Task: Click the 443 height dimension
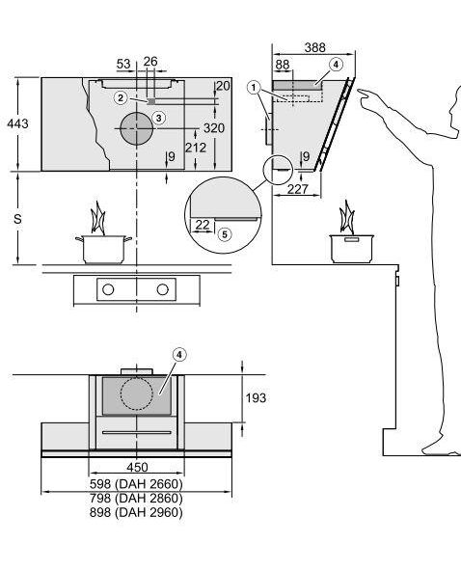(x=17, y=123)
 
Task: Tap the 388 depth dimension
(x=314, y=47)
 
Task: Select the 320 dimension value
(x=214, y=128)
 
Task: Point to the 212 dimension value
(x=196, y=148)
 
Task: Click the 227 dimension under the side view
(x=297, y=189)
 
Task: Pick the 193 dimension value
(x=256, y=398)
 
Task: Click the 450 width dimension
(x=137, y=467)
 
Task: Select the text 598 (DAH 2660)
(x=136, y=484)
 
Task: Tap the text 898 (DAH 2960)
(x=136, y=512)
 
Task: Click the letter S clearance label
(x=17, y=219)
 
